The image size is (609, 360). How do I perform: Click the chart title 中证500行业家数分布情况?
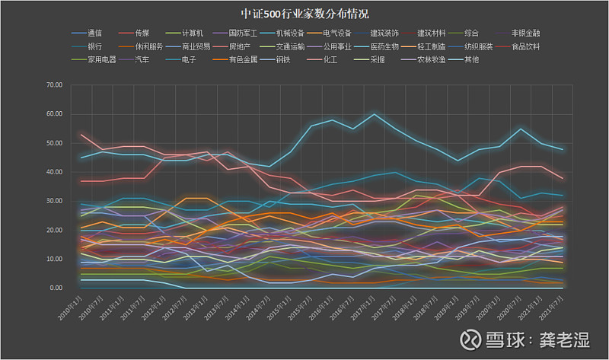(x=304, y=14)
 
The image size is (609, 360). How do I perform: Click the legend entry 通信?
(x=94, y=33)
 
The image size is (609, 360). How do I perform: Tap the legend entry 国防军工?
(x=241, y=33)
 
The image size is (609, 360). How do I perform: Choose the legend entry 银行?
(x=94, y=46)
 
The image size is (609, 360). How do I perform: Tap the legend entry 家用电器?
(x=101, y=59)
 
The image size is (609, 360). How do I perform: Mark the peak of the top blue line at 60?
(x=374, y=114)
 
